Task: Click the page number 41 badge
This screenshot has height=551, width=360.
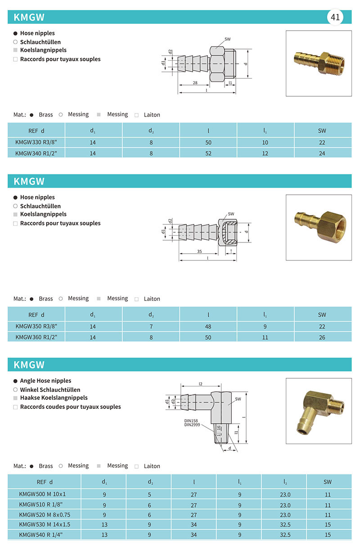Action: click(335, 18)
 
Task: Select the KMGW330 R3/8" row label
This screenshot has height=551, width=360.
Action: click(36, 143)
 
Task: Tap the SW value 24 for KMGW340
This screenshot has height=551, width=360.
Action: click(322, 153)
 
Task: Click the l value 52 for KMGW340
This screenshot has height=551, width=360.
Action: click(208, 153)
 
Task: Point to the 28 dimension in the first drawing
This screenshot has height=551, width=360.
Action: click(195, 83)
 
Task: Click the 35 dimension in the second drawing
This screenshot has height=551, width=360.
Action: click(199, 251)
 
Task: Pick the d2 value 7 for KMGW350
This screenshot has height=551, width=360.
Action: click(151, 327)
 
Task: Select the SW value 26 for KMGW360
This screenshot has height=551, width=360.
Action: click(322, 337)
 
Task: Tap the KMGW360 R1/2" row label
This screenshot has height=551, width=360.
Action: click(36, 337)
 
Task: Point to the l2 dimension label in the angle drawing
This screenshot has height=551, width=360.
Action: click(201, 384)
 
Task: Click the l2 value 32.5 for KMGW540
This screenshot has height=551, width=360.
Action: click(285, 535)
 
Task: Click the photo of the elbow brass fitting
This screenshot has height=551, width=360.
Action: click(319, 411)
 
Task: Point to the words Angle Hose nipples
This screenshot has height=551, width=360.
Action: click(45, 381)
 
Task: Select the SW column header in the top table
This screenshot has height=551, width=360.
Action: click(322, 131)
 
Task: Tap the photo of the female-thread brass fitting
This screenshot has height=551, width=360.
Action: click(319, 227)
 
